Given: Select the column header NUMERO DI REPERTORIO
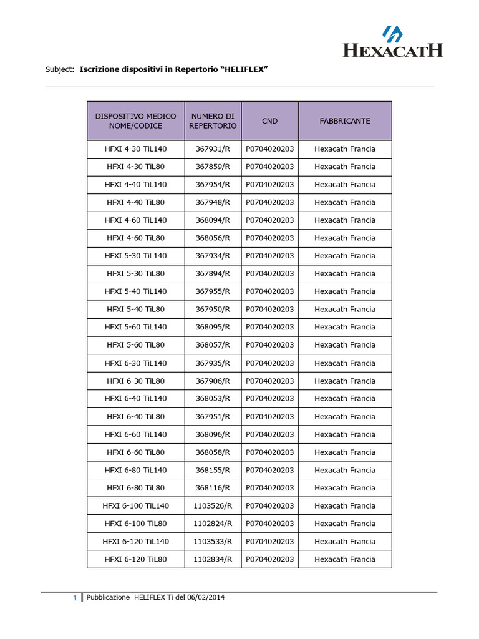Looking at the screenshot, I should click(x=213, y=120).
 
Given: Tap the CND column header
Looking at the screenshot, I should click(x=269, y=120).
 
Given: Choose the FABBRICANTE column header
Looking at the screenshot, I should click(x=345, y=120).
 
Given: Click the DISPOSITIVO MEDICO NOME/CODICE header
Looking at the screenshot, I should click(x=135, y=120).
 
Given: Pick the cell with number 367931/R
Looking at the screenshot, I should click(x=213, y=149).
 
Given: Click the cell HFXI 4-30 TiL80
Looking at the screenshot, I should click(x=135, y=167).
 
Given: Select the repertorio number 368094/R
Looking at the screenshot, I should click(x=213, y=220).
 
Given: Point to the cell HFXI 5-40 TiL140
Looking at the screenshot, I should click(x=135, y=291).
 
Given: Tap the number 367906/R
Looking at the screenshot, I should click(x=213, y=381).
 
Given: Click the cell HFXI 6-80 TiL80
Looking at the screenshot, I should click(x=135, y=488).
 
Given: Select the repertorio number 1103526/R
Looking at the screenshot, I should click(x=213, y=505).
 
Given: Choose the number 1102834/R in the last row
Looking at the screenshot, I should click(x=213, y=559).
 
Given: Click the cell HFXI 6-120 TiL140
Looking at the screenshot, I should click(x=135, y=541).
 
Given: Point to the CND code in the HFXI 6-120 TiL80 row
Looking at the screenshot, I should click(x=269, y=559).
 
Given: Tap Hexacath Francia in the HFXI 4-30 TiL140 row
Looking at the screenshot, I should click(x=345, y=149).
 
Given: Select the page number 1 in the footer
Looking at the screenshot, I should click(x=75, y=598).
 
